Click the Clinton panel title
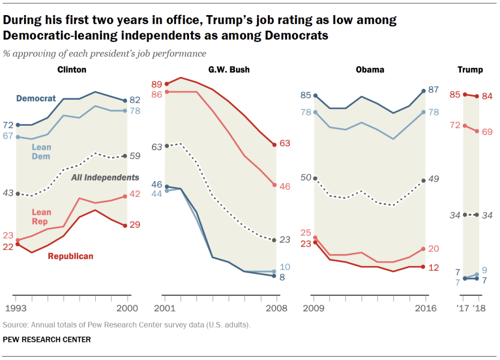tap(72, 69)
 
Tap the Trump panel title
tap(470, 69)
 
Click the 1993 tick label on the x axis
tap(16, 308)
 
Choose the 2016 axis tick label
tap(426, 308)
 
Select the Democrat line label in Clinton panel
tap(36, 98)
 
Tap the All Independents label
tap(105, 178)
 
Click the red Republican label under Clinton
tap(70, 256)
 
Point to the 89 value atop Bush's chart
tap(157, 84)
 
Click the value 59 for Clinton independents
tap(135, 157)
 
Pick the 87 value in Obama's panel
tap(434, 90)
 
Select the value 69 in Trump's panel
tap(487, 132)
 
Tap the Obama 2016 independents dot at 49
tap(423, 180)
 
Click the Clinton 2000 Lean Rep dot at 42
tap(127, 196)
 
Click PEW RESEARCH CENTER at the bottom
tap(47, 339)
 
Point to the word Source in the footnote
tap(14, 325)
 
